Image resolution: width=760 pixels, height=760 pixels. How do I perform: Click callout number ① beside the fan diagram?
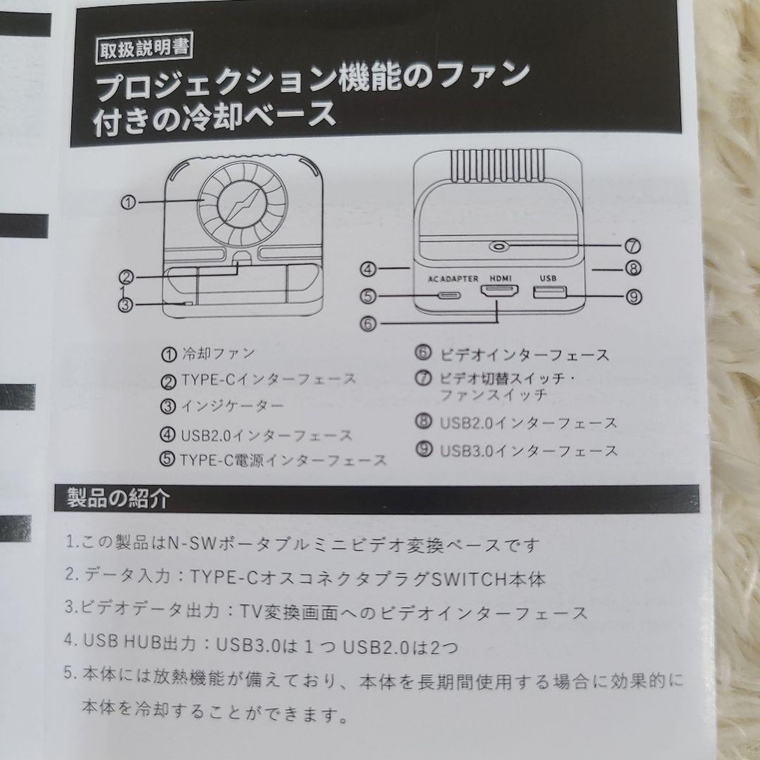pos(127,202)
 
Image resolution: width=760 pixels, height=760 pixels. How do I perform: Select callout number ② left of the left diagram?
pos(127,277)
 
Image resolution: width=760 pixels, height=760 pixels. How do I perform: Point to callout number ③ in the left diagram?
pos(126,305)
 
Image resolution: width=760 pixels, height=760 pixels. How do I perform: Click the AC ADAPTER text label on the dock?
pos(454,278)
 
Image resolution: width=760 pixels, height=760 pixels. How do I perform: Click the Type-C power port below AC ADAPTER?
pos(453,295)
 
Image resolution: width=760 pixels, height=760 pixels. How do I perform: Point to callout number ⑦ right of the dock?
pos(631,246)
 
